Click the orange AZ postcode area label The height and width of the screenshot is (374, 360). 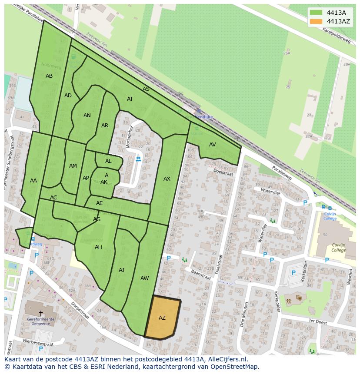pyautogui.click(x=162, y=318)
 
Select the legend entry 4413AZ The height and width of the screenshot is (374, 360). pyautogui.click(x=338, y=21)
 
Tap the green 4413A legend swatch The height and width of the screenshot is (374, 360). pyautogui.click(x=316, y=13)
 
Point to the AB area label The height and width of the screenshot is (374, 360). pyautogui.click(x=49, y=76)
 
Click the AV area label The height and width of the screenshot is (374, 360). pyautogui.click(x=212, y=145)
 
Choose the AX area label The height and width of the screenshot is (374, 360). pyautogui.click(x=167, y=179)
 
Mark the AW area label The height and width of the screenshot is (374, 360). pyautogui.click(x=145, y=278)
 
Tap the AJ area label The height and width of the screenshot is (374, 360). pyautogui.click(x=121, y=270)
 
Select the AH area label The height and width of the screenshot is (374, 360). pyautogui.click(x=98, y=247)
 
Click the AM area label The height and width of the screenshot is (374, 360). pyautogui.click(x=73, y=166)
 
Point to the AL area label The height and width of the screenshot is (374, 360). pyautogui.click(x=108, y=161)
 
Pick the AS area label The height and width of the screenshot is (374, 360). pyautogui.click(x=146, y=89)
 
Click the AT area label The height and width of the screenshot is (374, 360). pyautogui.click(x=130, y=99)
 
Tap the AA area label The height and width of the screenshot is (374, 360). pyautogui.click(x=33, y=181)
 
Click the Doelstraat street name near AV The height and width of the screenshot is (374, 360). pyautogui.click(x=223, y=172)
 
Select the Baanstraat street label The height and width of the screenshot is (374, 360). pyautogui.click(x=201, y=277)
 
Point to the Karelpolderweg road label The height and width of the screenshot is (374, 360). pyautogui.click(x=336, y=35)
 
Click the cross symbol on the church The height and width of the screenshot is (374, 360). pyautogui.click(x=41, y=313)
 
